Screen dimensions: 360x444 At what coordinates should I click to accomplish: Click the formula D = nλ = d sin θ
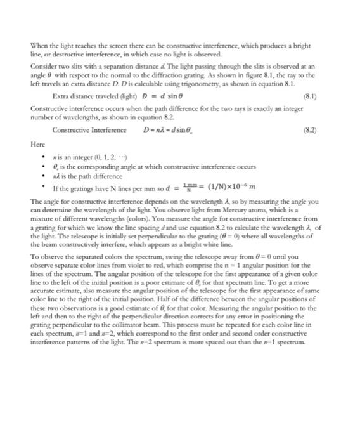click(171, 131)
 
